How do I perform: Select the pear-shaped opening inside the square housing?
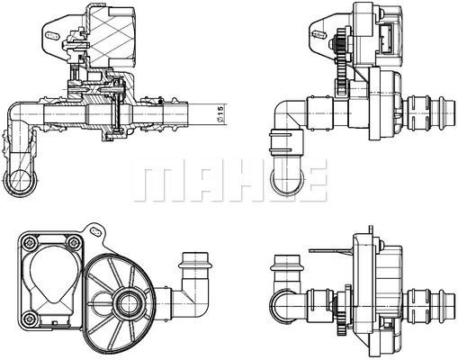49,279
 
